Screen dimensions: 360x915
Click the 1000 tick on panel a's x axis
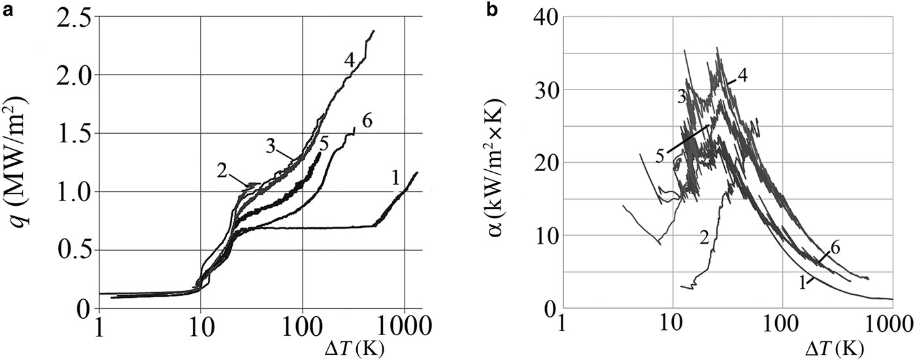click(404, 325)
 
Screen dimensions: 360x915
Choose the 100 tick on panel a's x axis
click(302, 325)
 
